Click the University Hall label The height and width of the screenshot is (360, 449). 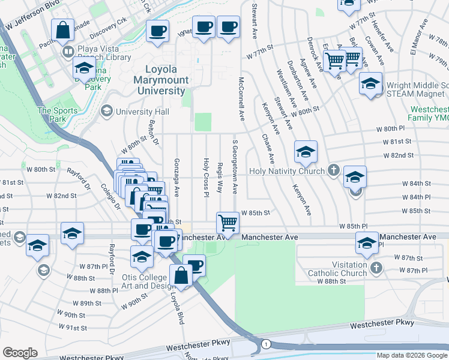click(143, 111)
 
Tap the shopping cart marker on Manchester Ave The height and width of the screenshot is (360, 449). click(228, 223)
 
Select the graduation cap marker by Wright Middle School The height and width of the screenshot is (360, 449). click(371, 83)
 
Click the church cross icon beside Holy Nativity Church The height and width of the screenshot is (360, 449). click(334, 170)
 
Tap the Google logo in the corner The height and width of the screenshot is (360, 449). click(20, 353)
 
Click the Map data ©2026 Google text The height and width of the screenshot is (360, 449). click(412, 355)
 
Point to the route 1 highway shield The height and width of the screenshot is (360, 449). click(265, 344)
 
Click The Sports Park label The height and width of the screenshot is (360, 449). click(58, 114)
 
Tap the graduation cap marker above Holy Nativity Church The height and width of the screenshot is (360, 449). click(306, 152)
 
